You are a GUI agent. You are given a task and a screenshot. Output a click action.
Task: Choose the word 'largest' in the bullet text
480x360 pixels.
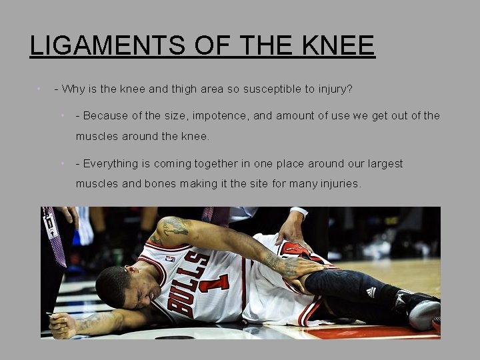[x=381, y=163]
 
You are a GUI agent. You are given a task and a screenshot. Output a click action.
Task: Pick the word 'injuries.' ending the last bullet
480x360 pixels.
[x=338, y=183]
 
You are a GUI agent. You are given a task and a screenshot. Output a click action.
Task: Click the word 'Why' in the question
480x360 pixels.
[x=73, y=89]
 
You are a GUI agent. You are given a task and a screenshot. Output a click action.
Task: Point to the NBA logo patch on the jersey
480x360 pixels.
[x=171, y=259]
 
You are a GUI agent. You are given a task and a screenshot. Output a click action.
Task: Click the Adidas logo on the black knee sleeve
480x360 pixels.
[x=371, y=292]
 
